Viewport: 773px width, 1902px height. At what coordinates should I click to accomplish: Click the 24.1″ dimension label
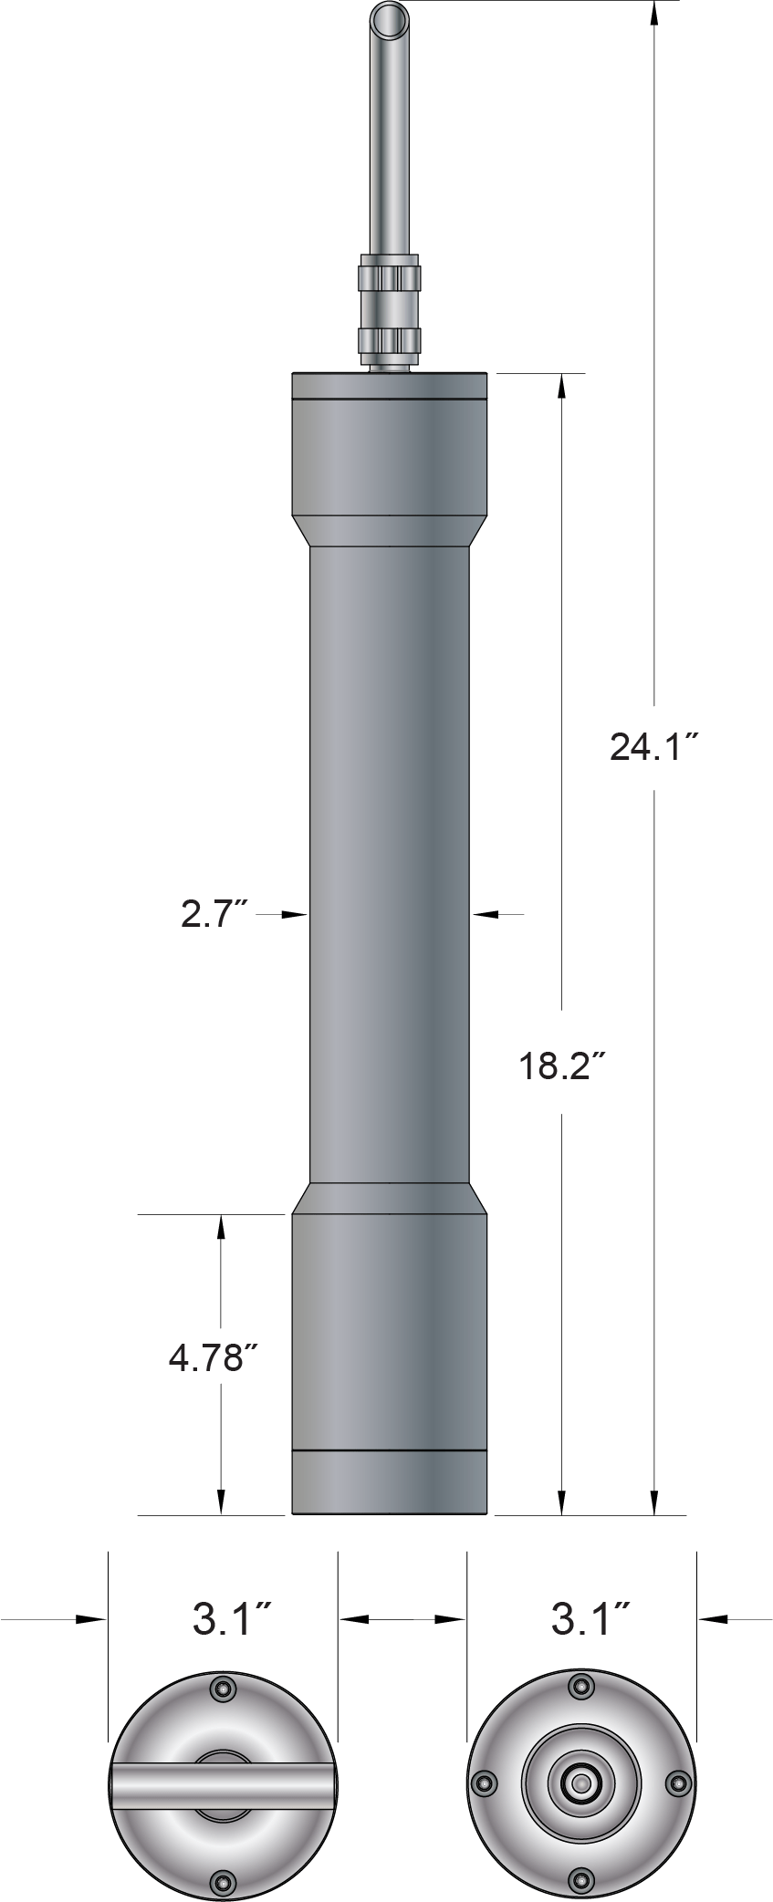click(653, 748)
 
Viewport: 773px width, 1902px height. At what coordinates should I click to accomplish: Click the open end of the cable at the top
click(389, 17)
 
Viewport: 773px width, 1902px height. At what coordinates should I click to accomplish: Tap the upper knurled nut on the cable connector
click(390, 276)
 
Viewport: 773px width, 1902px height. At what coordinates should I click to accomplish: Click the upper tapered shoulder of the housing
click(390, 532)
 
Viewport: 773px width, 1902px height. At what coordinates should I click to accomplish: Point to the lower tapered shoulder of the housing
click(390, 1199)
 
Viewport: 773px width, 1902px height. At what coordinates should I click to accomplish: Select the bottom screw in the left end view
click(222, 1881)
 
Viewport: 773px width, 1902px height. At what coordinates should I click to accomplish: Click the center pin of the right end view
click(580, 1783)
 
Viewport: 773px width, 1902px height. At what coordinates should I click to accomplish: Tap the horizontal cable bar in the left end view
click(224, 1783)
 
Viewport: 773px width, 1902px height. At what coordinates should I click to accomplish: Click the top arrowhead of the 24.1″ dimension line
click(654, 14)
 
